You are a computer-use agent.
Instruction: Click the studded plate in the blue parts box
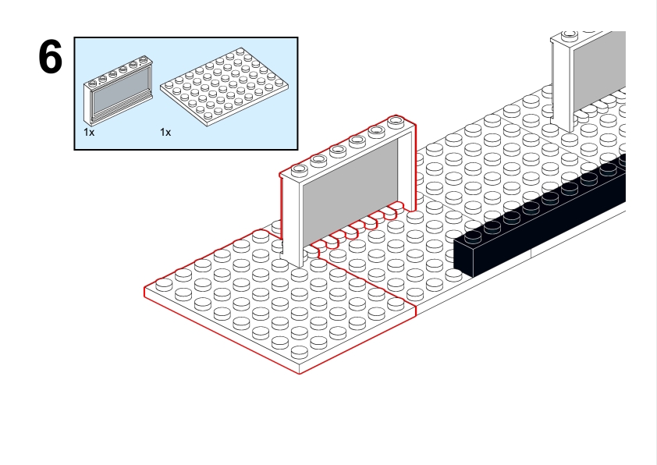point(224,87)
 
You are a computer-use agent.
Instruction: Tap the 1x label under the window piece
point(89,133)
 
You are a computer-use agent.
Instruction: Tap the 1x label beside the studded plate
point(165,133)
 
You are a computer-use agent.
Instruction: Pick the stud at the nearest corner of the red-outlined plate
point(299,353)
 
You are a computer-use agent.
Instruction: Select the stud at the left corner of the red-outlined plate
point(164,285)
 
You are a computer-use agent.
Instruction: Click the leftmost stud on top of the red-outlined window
point(299,169)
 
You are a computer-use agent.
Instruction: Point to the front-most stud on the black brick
point(473,236)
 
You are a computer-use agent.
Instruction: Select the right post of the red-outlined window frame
point(407,168)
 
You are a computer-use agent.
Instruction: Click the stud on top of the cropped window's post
point(570,34)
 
